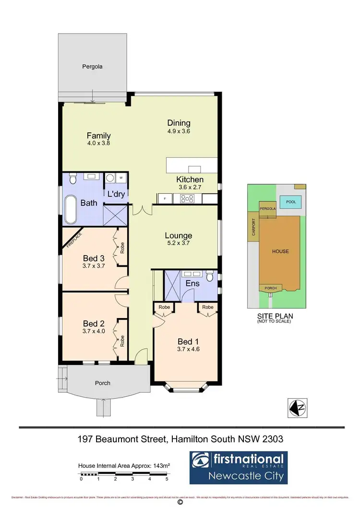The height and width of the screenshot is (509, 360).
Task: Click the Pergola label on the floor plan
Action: pos(92,67)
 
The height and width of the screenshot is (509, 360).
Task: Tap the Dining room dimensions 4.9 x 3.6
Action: pos(179,131)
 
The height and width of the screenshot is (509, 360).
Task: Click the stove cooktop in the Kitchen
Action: pos(186,198)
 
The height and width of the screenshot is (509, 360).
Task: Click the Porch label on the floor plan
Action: pos(102,383)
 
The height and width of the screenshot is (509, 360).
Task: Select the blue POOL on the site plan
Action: pos(291,202)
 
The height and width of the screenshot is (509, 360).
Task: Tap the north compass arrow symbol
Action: pos(298,407)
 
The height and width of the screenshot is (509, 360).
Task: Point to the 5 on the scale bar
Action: pos(167,479)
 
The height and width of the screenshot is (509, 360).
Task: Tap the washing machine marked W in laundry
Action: pos(120,178)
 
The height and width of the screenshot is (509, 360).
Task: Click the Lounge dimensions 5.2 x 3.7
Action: pos(179,244)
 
